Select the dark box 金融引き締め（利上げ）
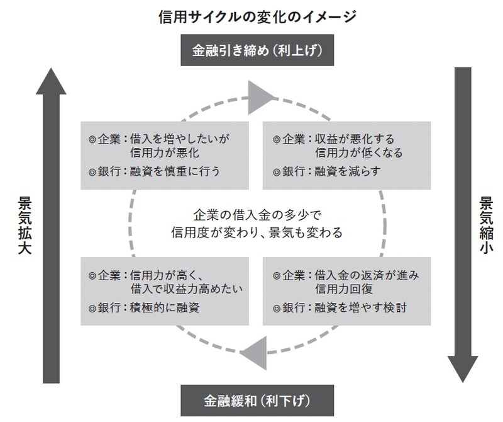253,50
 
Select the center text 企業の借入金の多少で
256,214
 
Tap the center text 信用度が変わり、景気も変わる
256,232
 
